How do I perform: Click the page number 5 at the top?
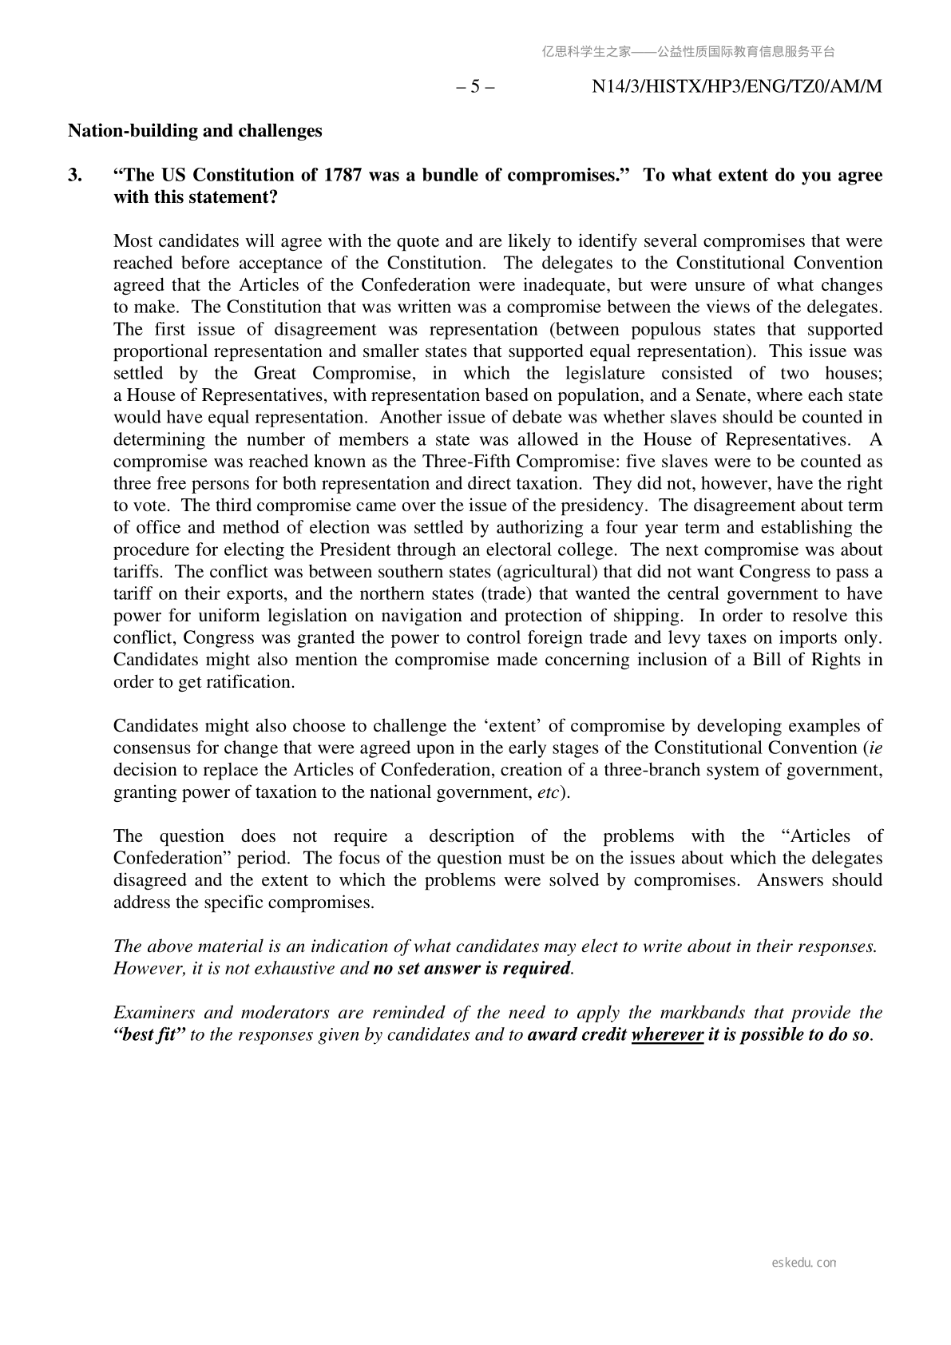coord(475,86)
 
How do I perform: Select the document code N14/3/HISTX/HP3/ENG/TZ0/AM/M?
coord(736,86)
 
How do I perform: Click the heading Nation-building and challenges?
coord(195,131)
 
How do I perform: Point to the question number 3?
coord(74,176)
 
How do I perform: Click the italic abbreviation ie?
coord(875,748)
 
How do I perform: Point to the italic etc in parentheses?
coord(546,793)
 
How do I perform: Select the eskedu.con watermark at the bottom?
coord(804,1263)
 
